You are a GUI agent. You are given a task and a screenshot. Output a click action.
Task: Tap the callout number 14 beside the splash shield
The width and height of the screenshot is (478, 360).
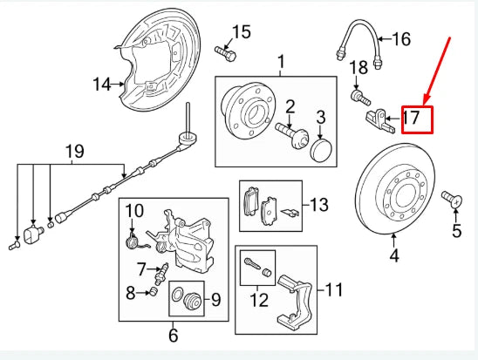[x=103, y=84]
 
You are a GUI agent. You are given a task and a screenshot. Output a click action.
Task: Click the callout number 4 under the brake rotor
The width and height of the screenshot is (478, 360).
[x=393, y=256]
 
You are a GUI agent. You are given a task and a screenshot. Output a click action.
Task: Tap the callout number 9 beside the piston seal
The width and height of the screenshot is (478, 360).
[x=215, y=301]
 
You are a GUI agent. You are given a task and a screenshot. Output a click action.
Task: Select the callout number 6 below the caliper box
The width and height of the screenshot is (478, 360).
[x=172, y=333]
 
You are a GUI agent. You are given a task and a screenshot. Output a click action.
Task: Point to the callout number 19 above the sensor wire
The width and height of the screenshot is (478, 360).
[x=75, y=153]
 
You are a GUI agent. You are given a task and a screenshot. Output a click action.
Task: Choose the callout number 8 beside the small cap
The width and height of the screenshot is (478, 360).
[x=131, y=293]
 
